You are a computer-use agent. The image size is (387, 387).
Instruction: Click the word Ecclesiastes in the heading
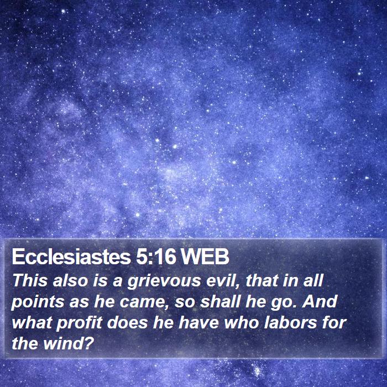71,257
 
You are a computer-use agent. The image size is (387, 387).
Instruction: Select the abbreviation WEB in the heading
205,257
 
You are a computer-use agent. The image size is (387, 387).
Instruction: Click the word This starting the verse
30,280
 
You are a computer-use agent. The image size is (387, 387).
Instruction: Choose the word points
38,302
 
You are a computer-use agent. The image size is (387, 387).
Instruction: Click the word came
143,302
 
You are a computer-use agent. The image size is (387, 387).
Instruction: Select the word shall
220,301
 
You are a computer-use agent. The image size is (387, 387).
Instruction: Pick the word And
320,301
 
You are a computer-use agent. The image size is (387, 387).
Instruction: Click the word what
32,322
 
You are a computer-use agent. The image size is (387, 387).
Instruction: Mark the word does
127,322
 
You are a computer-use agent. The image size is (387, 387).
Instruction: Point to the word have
198,322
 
